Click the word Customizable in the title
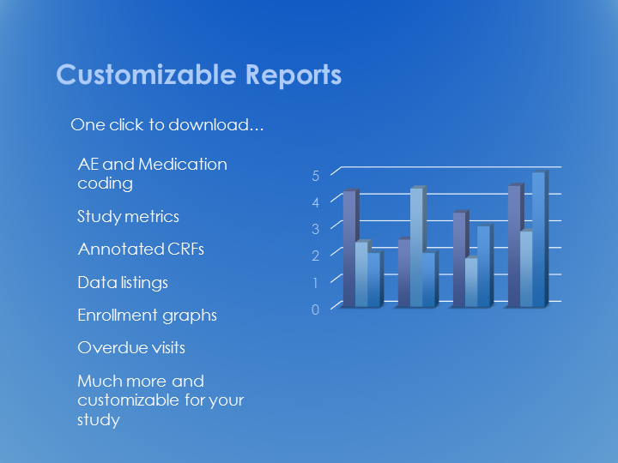[x=146, y=75]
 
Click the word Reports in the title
[x=294, y=75]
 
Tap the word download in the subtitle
[x=216, y=125]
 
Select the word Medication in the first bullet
[x=183, y=164]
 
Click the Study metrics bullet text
[x=128, y=217]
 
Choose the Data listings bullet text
[x=123, y=283]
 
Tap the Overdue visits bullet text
[x=131, y=347]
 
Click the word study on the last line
[x=99, y=419]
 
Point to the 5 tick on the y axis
[x=315, y=176]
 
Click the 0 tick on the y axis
[x=315, y=310]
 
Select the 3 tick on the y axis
[x=315, y=229]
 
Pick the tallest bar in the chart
[x=538, y=239]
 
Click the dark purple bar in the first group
[x=349, y=249]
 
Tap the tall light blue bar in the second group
[x=416, y=247]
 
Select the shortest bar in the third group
[x=471, y=282]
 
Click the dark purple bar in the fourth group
[x=514, y=246]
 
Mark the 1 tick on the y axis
[x=315, y=283]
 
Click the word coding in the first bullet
[x=105, y=183]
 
